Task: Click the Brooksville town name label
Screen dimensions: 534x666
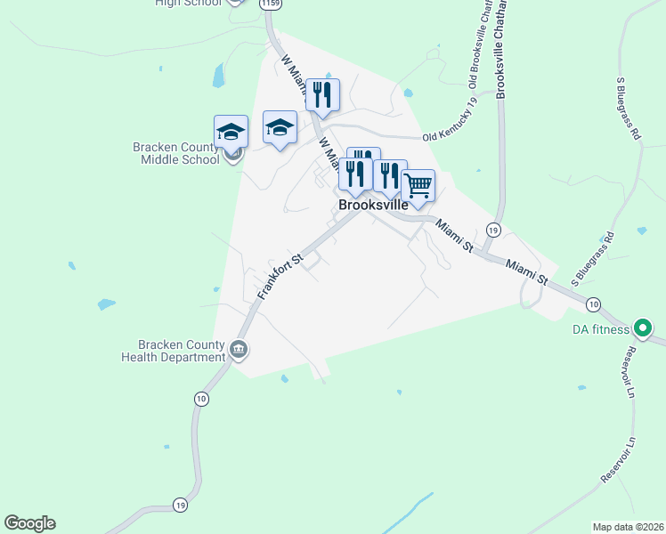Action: [373, 205]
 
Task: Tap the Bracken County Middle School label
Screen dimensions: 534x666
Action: [175, 154]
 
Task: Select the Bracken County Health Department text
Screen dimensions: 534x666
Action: [174, 351]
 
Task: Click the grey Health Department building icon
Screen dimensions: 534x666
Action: [238, 348]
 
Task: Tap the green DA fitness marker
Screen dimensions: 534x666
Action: [639, 329]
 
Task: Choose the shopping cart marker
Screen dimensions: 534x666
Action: [418, 187]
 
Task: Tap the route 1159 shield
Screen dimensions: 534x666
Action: [270, 4]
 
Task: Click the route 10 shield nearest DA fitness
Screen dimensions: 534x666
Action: [593, 304]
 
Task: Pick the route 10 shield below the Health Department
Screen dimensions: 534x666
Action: [201, 400]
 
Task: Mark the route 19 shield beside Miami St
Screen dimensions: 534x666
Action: [493, 231]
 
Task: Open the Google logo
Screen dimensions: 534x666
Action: [29, 523]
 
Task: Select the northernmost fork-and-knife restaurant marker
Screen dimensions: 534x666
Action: [322, 94]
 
